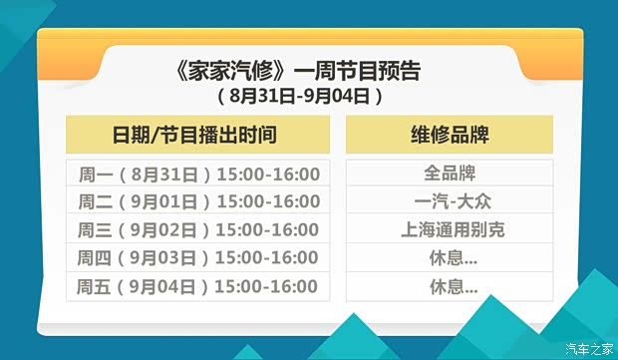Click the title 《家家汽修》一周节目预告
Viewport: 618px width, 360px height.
coord(297,71)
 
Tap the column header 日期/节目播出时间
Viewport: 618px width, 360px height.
coord(197,135)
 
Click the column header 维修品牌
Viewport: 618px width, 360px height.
coord(450,135)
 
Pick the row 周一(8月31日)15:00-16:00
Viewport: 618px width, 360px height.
coord(197,174)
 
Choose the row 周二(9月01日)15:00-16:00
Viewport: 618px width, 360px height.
coord(197,201)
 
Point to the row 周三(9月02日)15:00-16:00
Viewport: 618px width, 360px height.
coord(197,229)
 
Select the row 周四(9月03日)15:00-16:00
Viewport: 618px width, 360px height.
coord(197,258)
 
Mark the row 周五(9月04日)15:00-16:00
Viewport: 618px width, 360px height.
coord(197,287)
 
